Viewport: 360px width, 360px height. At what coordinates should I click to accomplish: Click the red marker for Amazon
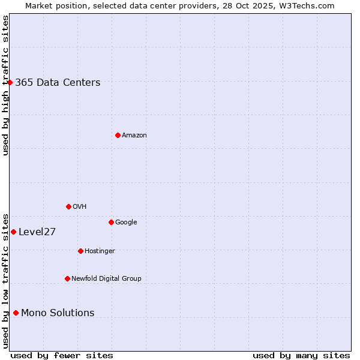(118, 135)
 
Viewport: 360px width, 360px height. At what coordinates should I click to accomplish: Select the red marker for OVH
(68, 206)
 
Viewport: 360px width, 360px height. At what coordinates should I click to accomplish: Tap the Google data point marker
(111, 222)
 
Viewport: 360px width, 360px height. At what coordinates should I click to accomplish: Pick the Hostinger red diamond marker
(80, 251)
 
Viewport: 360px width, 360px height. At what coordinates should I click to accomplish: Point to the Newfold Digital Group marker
(67, 278)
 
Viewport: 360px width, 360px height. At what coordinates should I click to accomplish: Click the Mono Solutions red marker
(16, 313)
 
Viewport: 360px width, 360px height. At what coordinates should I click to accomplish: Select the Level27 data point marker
(13, 232)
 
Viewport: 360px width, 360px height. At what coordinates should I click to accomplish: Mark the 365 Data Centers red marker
(10, 82)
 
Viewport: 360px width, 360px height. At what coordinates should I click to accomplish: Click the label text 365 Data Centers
(58, 83)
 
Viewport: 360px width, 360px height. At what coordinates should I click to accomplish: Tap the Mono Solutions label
(58, 313)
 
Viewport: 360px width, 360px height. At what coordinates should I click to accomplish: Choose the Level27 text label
(37, 232)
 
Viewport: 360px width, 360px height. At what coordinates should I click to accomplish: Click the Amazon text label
(134, 136)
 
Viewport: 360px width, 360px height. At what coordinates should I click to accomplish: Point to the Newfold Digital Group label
(106, 278)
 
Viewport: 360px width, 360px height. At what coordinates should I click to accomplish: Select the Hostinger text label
(100, 251)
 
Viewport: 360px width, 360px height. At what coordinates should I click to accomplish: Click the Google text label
(126, 223)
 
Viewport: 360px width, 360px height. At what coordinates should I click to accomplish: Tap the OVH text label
(80, 207)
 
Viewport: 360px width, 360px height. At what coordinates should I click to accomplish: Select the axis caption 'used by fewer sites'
(62, 355)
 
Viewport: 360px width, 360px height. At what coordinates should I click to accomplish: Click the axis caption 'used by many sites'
(301, 355)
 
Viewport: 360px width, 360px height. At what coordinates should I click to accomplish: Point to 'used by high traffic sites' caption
(5, 85)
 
